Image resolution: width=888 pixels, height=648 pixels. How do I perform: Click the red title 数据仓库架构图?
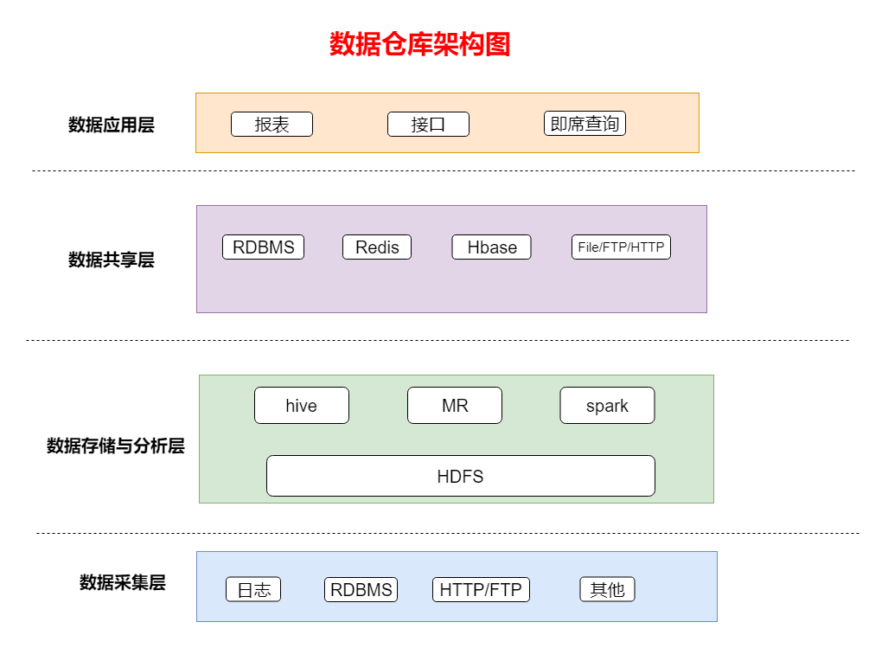419,44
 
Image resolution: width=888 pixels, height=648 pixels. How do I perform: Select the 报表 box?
272,125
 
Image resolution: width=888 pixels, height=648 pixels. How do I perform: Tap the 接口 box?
428,125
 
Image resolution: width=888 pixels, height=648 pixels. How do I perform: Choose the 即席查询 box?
585,124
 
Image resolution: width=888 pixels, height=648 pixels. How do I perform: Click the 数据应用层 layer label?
112,125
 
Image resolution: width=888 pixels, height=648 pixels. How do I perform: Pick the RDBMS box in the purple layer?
263,247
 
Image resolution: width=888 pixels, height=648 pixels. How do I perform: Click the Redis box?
377,247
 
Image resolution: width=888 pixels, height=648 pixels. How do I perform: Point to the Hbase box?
491,247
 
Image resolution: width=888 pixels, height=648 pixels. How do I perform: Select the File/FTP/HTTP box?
621,247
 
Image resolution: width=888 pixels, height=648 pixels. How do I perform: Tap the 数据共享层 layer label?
112,260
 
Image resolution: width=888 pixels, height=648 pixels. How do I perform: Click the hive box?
301,406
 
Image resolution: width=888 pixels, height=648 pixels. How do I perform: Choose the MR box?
455,406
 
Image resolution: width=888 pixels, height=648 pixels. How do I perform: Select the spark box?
607,406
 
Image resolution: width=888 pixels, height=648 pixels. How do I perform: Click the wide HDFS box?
460,476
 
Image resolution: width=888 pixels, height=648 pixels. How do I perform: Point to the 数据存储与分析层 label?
116,446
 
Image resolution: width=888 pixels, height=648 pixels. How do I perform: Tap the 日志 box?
253,590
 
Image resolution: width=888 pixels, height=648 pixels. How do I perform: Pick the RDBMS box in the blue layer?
361,590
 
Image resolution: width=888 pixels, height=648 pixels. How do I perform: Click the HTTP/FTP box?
481,590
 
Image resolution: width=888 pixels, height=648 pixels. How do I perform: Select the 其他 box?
607,590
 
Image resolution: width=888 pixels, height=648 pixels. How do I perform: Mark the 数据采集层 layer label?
123,583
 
